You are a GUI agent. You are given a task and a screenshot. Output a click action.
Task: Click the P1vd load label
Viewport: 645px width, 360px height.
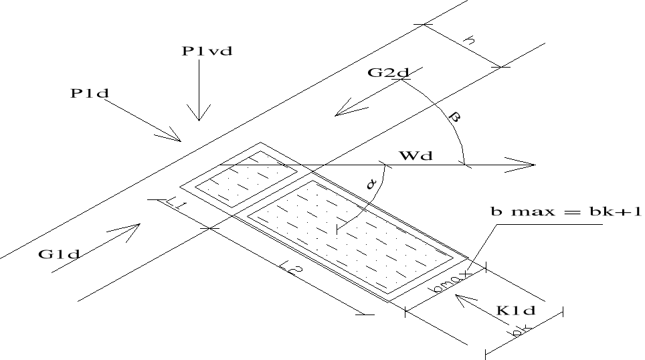207,52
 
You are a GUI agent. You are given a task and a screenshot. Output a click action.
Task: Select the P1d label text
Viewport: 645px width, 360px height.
90,94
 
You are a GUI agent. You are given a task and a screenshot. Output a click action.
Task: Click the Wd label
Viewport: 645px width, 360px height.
416,157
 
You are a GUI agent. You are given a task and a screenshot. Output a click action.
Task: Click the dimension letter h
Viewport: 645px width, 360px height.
471,41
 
